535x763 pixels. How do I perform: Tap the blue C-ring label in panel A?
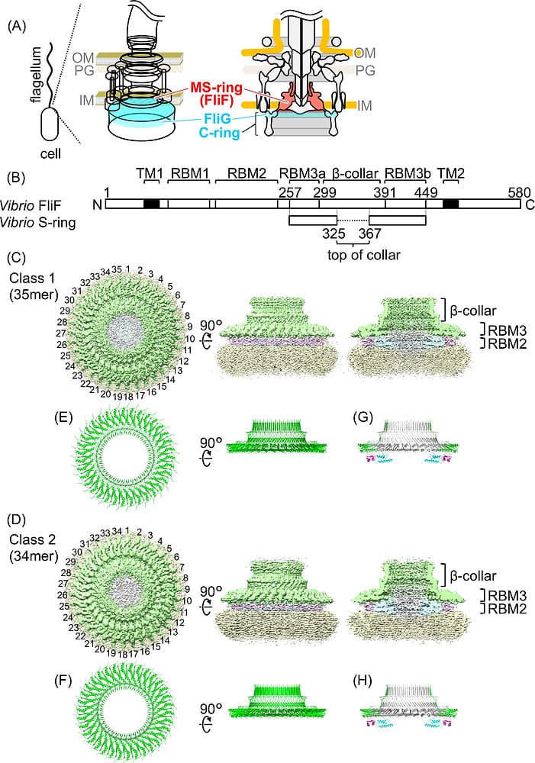click(220, 133)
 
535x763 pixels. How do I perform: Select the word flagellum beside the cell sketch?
click(37, 77)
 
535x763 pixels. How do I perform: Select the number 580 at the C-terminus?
click(519, 192)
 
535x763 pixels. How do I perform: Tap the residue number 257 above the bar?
click(290, 192)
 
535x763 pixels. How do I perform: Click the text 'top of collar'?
click(363, 255)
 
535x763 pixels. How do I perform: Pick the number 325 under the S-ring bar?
click(334, 233)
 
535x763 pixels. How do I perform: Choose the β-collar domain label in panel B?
click(354, 174)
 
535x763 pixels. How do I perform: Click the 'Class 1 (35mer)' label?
click(33, 287)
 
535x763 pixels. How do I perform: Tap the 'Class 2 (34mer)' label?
click(33, 547)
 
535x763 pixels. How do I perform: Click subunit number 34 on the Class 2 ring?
click(116, 530)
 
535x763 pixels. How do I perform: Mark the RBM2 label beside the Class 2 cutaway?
click(508, 608)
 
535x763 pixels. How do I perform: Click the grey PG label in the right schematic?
click(365, 70)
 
